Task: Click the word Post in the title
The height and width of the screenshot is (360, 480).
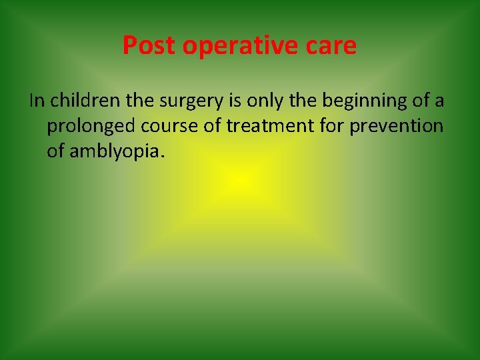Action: tap(148, 45)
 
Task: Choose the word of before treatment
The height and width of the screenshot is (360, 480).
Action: tap(215, 127)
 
